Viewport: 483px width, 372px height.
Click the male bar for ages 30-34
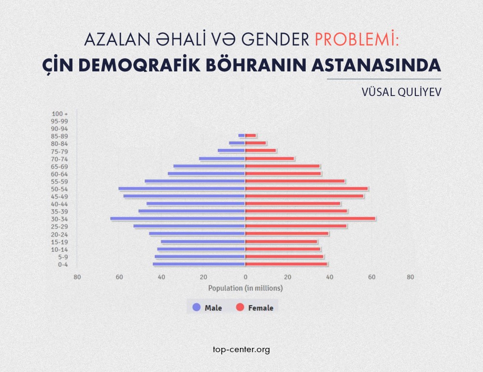[x=178, y=219]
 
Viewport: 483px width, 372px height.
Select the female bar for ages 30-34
[x=310, y=219]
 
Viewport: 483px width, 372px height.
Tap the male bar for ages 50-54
[x=182, y=189]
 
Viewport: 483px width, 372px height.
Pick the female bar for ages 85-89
[x=251, y=136]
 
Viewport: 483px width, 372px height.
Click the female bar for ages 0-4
[x=286, y=264]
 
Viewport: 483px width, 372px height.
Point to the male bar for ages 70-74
[x=222, y=159]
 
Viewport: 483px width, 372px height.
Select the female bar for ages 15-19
[x=281, y=242]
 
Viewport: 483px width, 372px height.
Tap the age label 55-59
[x=59, y=181]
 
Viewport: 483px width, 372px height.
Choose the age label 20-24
[x=59, y=234]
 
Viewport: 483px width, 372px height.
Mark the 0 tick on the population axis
[x=245, y=277]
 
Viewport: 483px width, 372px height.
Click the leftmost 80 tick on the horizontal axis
[x=77, y=277]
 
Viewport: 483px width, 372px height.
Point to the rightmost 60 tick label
[x=371, y=277]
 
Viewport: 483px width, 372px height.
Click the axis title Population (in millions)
[x=245, y=288]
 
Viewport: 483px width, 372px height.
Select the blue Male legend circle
[x=197, y=307]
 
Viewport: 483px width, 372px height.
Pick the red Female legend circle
[x=240, y=307]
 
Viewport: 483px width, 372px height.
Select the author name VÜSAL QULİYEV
[x=402, y=92]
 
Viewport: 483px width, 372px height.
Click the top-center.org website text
[x=241, y=349]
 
